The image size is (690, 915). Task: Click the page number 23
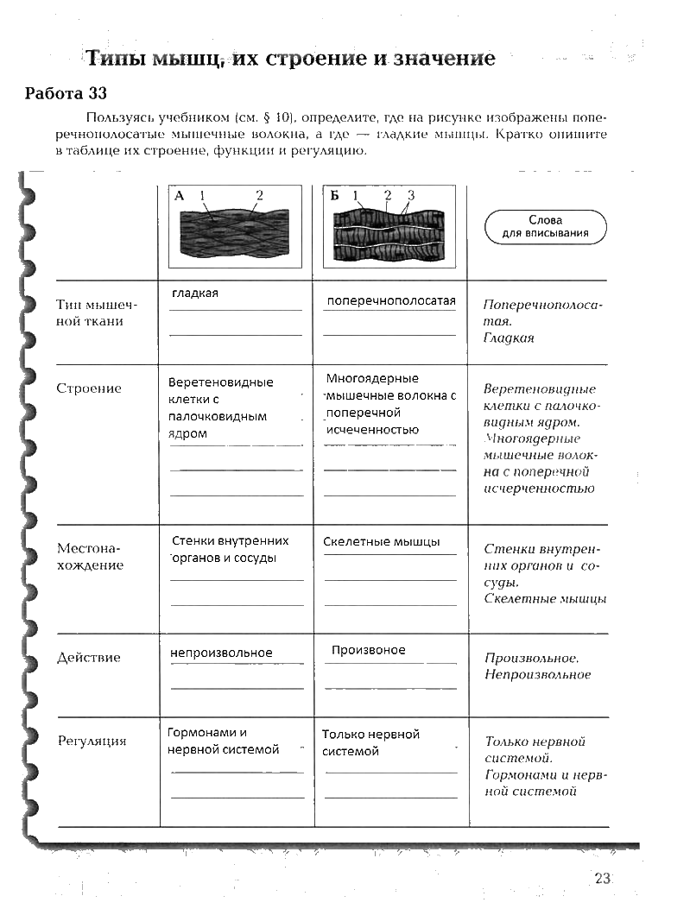coord(603,878)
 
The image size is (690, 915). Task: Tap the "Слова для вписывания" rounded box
coord(545,226)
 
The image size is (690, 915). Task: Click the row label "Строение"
coord(89,388)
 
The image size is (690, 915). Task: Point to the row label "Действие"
coord(88,658)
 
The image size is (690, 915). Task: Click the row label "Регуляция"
coord(92,741)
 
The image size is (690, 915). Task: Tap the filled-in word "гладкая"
coord(195,293)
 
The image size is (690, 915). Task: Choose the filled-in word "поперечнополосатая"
coord(390,300)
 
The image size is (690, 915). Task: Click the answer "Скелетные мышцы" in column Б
coord(382,542)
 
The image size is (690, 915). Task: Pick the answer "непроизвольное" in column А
coord(221,653)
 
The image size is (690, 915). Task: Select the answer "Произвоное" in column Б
coord(368,650)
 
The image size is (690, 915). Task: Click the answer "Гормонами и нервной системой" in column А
coord(223,741)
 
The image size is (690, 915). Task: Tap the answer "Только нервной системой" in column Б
coord(370,742)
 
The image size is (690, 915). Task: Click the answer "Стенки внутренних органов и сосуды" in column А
coord(230,549)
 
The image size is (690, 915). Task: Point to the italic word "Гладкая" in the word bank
coord(509,338)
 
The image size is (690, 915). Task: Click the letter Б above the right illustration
coord(334,195)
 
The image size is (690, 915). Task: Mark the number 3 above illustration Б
coord(411,195)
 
